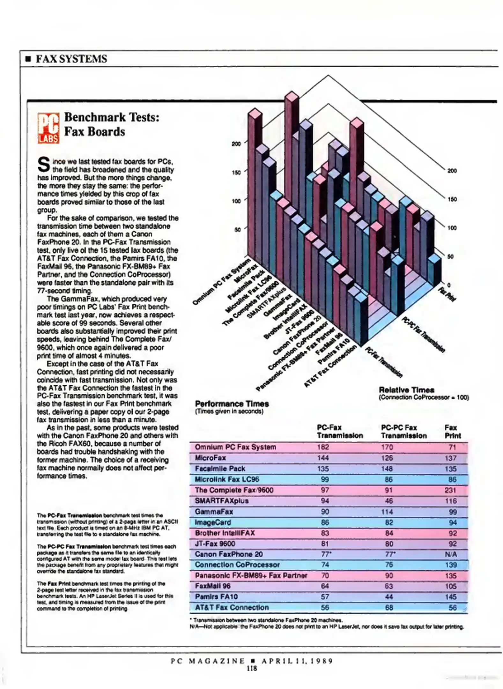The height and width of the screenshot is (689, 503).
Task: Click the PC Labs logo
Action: [x=48, y=128]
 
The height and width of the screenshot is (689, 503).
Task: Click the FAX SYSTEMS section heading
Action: [x=71, y=59]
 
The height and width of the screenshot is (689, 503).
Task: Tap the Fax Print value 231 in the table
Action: [x=451, y=490]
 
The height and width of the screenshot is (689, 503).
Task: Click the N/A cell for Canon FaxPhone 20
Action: [x=451, y=554]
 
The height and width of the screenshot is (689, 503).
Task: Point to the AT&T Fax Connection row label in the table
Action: [x=232, y=607]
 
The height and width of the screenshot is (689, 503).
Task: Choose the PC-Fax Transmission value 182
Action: [x=323, y=447]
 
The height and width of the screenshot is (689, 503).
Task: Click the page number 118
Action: [x=252, y=669]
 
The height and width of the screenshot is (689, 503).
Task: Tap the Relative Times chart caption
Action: [x=406, y=390]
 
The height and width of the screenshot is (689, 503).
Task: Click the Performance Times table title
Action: [x=232, y=404]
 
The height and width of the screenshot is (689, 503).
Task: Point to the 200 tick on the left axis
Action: [x=236, y=144]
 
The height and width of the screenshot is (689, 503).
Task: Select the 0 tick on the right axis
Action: [x=449, y=285]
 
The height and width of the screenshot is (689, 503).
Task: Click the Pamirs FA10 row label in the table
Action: [x=216, y=596]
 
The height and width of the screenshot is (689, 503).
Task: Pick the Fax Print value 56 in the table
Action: [x=453, y=607]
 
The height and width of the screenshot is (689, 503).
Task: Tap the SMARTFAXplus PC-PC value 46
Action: [x=388, y=501]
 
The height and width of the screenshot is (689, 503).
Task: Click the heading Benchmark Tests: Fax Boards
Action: [x=112, y=124]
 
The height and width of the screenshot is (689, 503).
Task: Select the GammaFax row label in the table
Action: [x=214, y=512]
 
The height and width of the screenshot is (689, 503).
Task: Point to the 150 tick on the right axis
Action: [x=452, y=199]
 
